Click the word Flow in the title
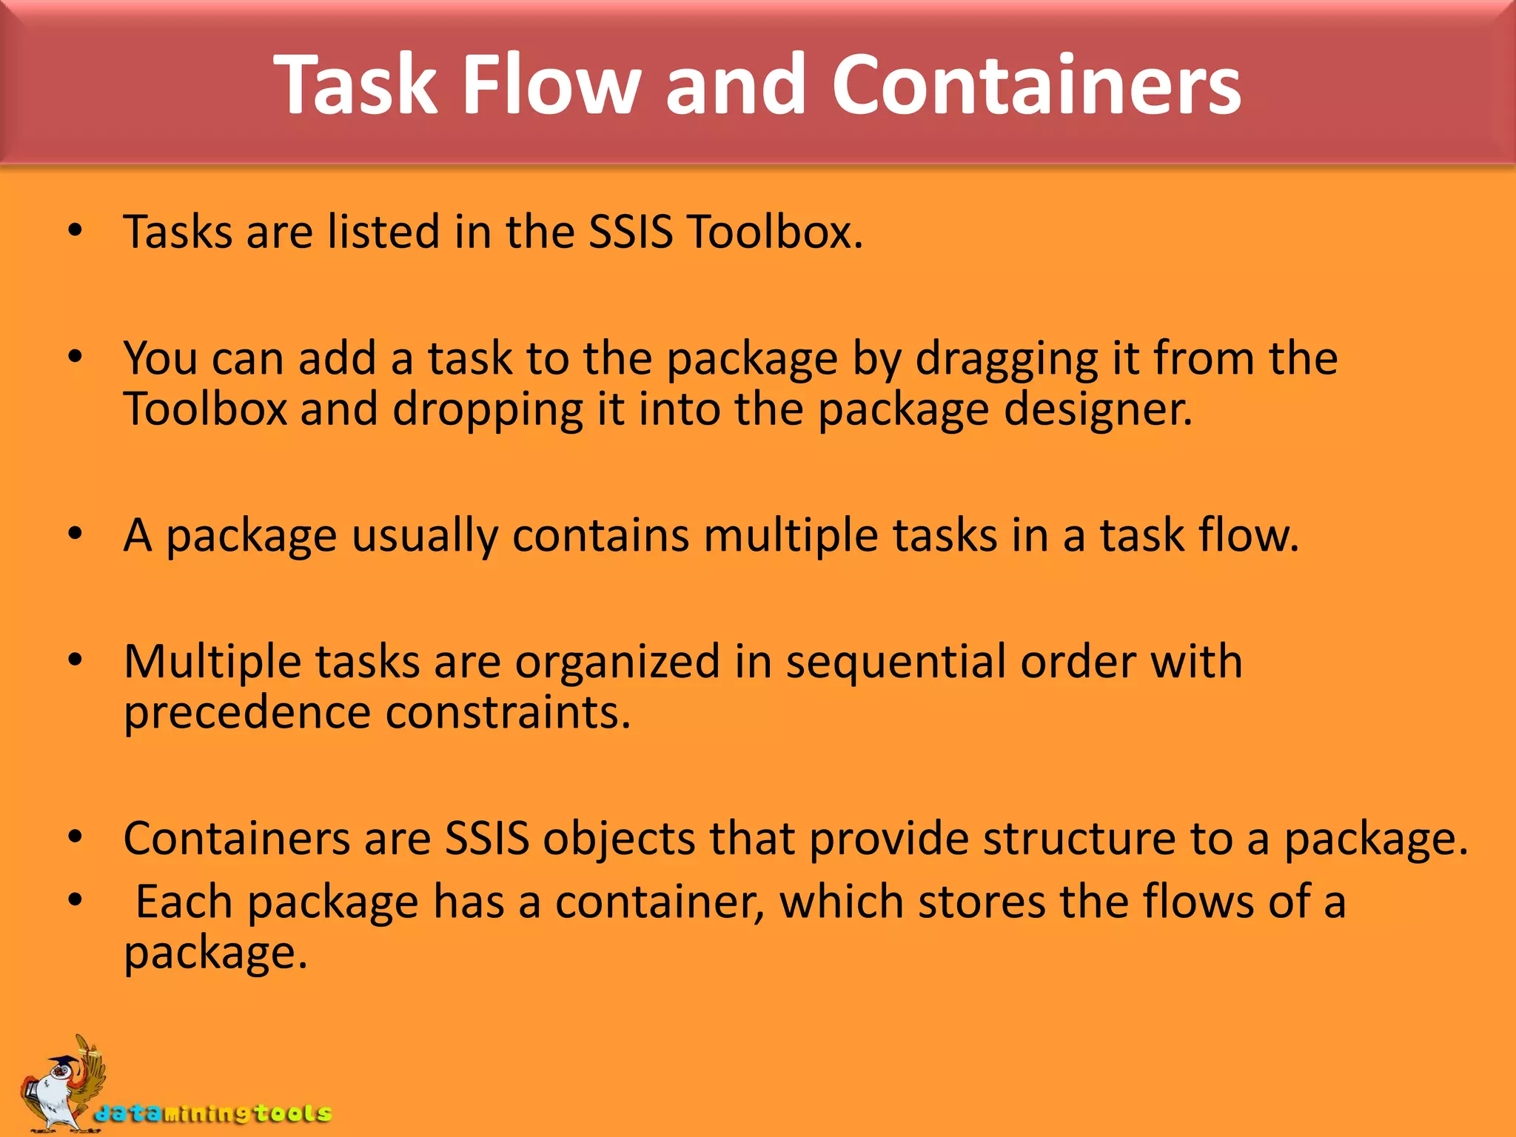point(551,84)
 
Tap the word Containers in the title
point(1036,84)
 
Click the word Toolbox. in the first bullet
point(775,232)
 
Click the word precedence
point(247,714)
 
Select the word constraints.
point(508,713)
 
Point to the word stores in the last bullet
point(982,902)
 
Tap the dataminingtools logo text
point(213,1113)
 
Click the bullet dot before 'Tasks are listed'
point(75,231)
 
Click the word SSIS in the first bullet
point(631,232)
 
